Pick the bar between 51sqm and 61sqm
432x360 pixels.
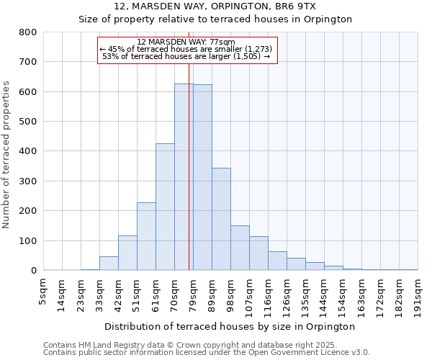tap(146, 237)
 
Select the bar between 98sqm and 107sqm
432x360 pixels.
tap(240, 248)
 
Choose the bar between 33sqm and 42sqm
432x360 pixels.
tap(109, 264)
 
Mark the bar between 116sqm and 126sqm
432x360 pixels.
tap(277, 261)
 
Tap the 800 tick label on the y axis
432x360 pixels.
tap(28, 32)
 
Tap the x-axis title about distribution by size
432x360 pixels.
tap(230, 327)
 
